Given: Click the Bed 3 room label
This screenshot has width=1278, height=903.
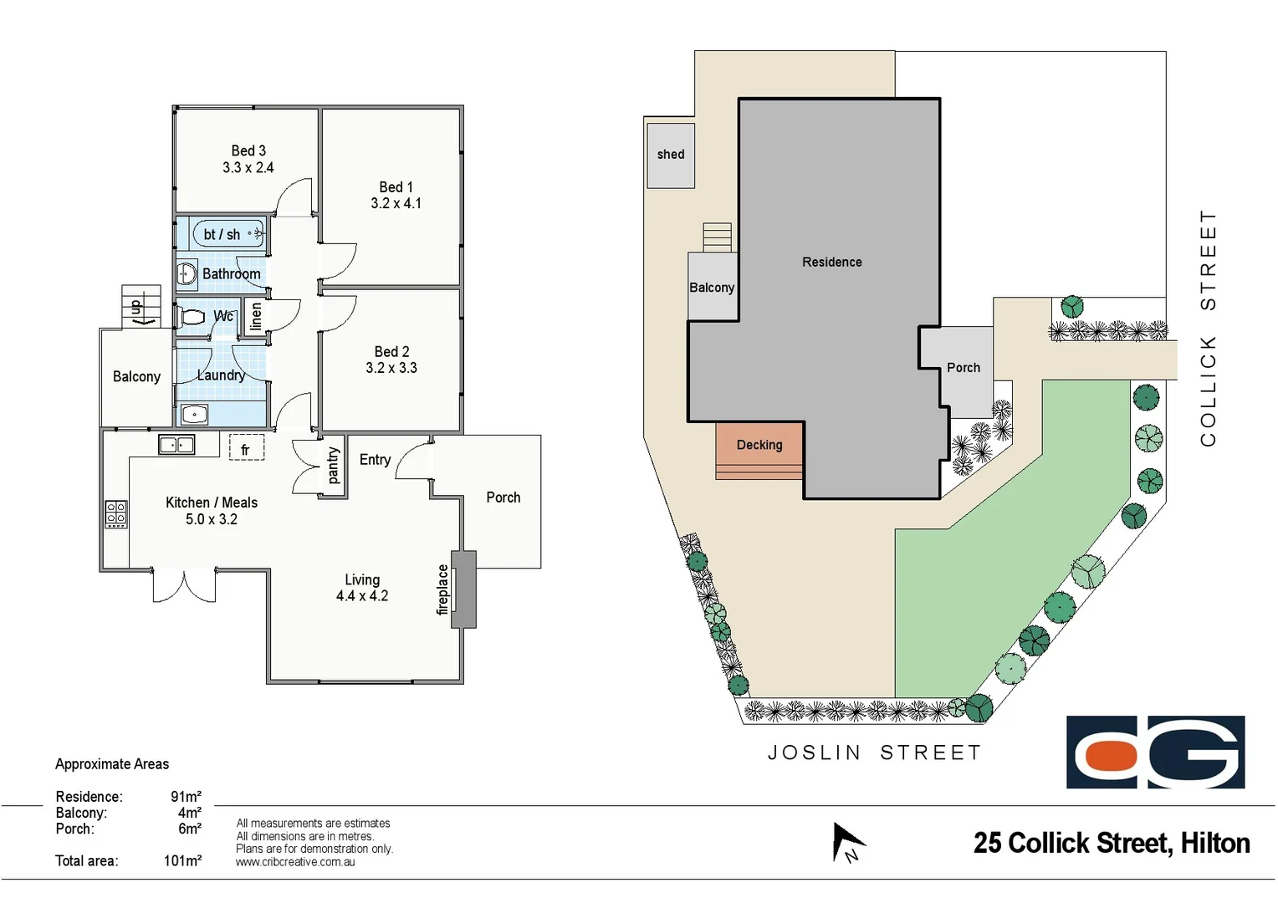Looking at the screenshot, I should point(248,150).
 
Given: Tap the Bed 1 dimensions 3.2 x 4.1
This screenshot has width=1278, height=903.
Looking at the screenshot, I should point(396,203).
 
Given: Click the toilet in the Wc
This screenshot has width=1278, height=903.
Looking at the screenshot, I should point(192,317).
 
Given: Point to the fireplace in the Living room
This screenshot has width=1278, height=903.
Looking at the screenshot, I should point(463,589).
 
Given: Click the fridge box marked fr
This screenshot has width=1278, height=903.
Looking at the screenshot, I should point(246,448).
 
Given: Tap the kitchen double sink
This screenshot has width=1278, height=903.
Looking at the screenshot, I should point(176,445).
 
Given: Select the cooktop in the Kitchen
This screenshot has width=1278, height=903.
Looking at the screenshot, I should point(115,514).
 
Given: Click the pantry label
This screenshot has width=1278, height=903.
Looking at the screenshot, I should point(333,466).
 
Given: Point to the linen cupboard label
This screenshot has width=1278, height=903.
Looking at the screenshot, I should point(256,316).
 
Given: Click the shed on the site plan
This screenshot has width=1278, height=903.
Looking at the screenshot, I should point(670,156).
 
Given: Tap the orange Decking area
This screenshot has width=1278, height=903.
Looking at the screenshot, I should point(759,448).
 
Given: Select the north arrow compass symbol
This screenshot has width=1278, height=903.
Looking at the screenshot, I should point(847,843).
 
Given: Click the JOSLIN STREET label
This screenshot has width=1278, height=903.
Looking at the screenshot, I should point(874,752).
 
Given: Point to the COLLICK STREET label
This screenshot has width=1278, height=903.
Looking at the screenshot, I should point(1208,328).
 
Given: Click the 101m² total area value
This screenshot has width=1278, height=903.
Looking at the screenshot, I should point(182,860).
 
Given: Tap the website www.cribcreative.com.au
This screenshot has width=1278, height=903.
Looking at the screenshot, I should point(295,862).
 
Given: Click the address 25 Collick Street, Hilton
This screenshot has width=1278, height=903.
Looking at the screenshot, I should point(1111,843).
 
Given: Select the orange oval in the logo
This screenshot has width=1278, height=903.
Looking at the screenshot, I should point(1106,754).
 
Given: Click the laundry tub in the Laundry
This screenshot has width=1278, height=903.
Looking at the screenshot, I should point(195,414).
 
